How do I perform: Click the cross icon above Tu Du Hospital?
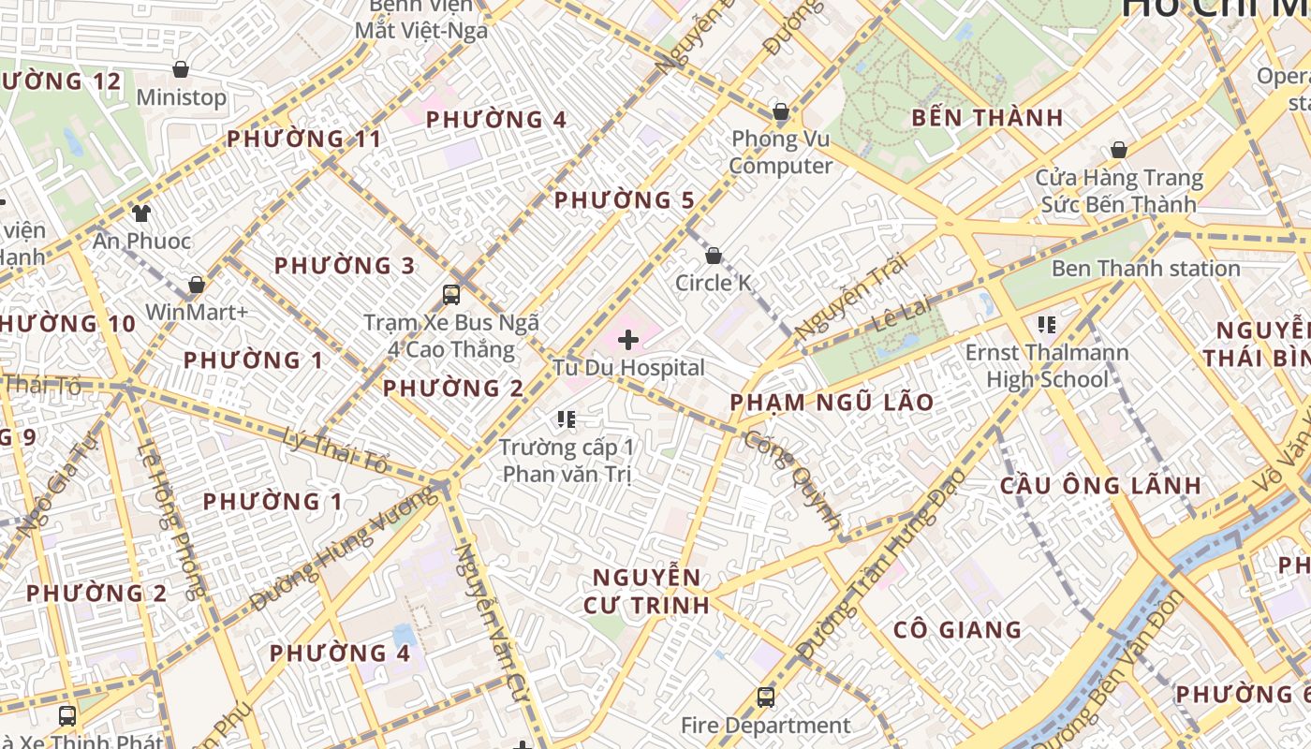628,340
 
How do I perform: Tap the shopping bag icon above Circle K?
714,256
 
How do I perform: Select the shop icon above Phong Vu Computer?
781,112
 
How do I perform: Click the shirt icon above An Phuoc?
141,213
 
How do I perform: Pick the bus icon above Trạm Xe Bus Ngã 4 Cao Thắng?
451,295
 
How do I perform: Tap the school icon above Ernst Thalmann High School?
1046,325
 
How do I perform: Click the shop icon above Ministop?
181,69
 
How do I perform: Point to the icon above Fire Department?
766,698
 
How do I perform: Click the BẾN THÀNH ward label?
987,118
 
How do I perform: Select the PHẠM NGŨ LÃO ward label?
832,403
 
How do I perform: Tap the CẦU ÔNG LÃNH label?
1100,485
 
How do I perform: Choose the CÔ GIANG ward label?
957,629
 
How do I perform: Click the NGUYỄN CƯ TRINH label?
646,591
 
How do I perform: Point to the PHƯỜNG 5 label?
625,200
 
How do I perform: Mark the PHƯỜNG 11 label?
304,140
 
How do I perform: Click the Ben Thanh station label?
1145,269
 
